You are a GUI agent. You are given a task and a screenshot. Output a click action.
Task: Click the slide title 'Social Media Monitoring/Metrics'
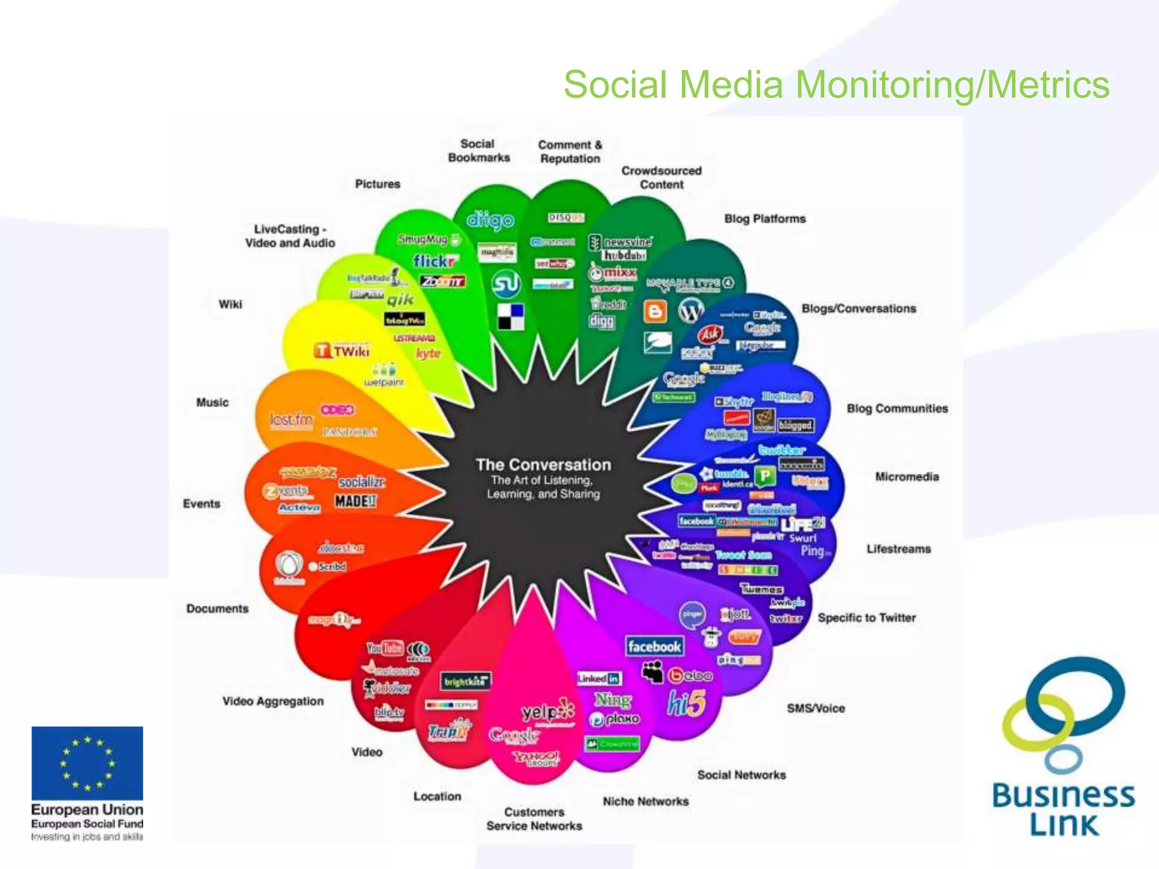click(836, 85)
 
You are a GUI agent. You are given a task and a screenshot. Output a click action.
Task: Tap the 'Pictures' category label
click(377, 184)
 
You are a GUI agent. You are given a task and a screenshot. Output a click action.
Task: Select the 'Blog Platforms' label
click(765, 219)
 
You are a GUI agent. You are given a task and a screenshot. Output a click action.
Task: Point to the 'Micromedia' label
click(907, 477)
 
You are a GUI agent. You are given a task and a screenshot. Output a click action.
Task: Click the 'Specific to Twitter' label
click(866, 618)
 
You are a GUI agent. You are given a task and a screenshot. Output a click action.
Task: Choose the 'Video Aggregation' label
click(273, 702)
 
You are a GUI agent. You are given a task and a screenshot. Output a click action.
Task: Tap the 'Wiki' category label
click(230, 304)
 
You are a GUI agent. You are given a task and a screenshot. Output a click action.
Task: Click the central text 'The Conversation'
click(543, 465)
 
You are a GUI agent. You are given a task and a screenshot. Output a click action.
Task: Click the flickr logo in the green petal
click(434, 261)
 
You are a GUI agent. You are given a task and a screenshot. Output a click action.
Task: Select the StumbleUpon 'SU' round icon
click(505, 284)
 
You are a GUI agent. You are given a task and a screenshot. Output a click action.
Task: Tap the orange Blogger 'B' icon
click(655, 311)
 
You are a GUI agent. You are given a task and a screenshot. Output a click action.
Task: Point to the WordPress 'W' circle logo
click(691, 310)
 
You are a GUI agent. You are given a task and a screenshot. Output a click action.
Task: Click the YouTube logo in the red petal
click(385, 648)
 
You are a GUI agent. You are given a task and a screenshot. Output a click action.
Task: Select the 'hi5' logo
click(686, 704)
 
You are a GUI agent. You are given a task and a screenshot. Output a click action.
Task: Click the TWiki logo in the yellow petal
click(342, 351)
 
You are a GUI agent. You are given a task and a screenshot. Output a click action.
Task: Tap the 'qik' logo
click(400, 299)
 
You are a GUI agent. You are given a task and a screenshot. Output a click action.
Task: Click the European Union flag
click(87, 763)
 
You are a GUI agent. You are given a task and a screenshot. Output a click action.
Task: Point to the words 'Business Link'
click(1063, 810)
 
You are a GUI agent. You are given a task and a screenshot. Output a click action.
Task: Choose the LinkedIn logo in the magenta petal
click(598, 678)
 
